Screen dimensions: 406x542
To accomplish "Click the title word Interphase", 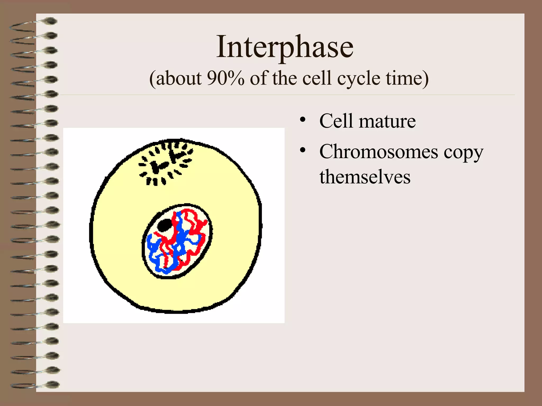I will (285, 47).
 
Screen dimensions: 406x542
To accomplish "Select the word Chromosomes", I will (378, 152).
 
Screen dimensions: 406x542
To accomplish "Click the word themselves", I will (365, 177).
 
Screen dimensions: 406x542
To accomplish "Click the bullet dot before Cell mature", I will (303, 119).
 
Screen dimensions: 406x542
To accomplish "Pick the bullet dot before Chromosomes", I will (303, 150).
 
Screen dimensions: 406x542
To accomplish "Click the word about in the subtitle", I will (179, 78).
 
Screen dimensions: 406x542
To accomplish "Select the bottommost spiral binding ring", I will (34, 385).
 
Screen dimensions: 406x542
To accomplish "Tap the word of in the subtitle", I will (258, 78).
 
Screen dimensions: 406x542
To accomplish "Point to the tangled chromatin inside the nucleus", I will (180, 243).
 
